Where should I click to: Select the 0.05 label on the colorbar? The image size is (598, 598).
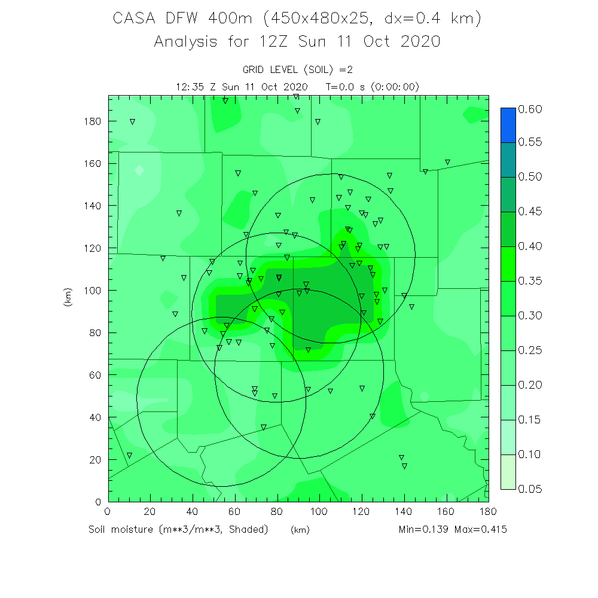pyautogui.click(x=530, y=489)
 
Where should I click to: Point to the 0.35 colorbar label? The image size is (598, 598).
pyautogui.click(x=530, y=281)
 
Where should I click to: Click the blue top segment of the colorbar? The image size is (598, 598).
pyautogui.click(x=508, y=125)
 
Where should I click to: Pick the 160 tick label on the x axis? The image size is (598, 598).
pyautogui.click(x=447, y=512)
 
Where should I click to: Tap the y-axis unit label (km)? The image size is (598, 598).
pyautogui.click(x=68, y=298)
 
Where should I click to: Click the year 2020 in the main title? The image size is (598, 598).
pyautogui.click(x=418, y=42)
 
